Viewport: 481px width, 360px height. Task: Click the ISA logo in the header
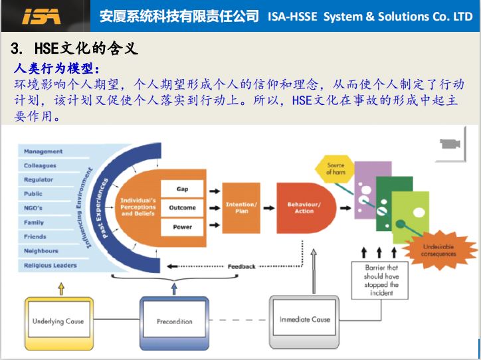(x=41, y=16)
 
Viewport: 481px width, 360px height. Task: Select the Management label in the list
(x=43, y=151)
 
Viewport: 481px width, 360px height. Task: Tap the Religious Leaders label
(x=50, y=265)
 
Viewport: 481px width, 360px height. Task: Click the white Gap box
(x=182, y=189)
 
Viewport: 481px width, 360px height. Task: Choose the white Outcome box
(x=182, y=208)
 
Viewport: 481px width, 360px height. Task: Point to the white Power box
(x=182, y=226)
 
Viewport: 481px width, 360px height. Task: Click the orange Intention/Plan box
(x=241, y=207)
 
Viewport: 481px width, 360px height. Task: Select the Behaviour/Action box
(x=304, y=207)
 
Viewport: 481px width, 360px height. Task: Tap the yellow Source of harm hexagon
(x=336, y=169)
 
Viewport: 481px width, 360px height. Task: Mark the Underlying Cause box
(x=58, y=321)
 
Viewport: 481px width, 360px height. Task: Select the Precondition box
(x=175, y=321)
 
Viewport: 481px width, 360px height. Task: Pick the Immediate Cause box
(x=304, y=319)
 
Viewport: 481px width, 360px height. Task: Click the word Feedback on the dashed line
(x=241, y=266)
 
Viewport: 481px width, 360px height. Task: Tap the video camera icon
(x=450, y=144)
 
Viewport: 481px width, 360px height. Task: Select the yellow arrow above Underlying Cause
(x=61, y=288)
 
